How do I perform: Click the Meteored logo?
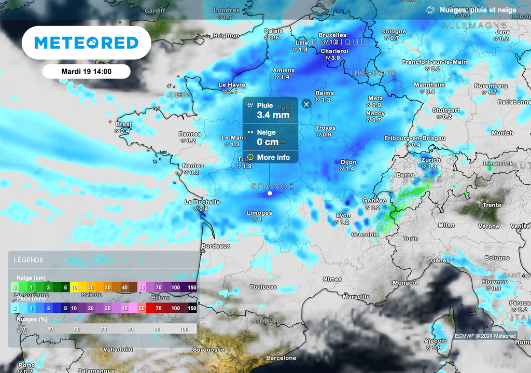86,43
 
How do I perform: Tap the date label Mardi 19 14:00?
86,71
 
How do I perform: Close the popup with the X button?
306,104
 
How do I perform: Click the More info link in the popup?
273,157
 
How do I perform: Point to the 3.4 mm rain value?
273,115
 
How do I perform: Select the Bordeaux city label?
215,246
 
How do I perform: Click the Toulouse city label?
263,287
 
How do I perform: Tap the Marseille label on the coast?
356,297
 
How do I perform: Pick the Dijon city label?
348,162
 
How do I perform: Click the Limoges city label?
259,213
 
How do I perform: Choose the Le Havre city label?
232,85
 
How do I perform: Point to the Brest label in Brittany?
124,125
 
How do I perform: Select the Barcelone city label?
281,358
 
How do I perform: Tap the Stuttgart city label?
446,110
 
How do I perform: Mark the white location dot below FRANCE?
270,193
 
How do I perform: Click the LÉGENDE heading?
29,260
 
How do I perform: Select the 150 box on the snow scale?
192,287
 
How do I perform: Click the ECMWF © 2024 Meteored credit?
485,336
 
